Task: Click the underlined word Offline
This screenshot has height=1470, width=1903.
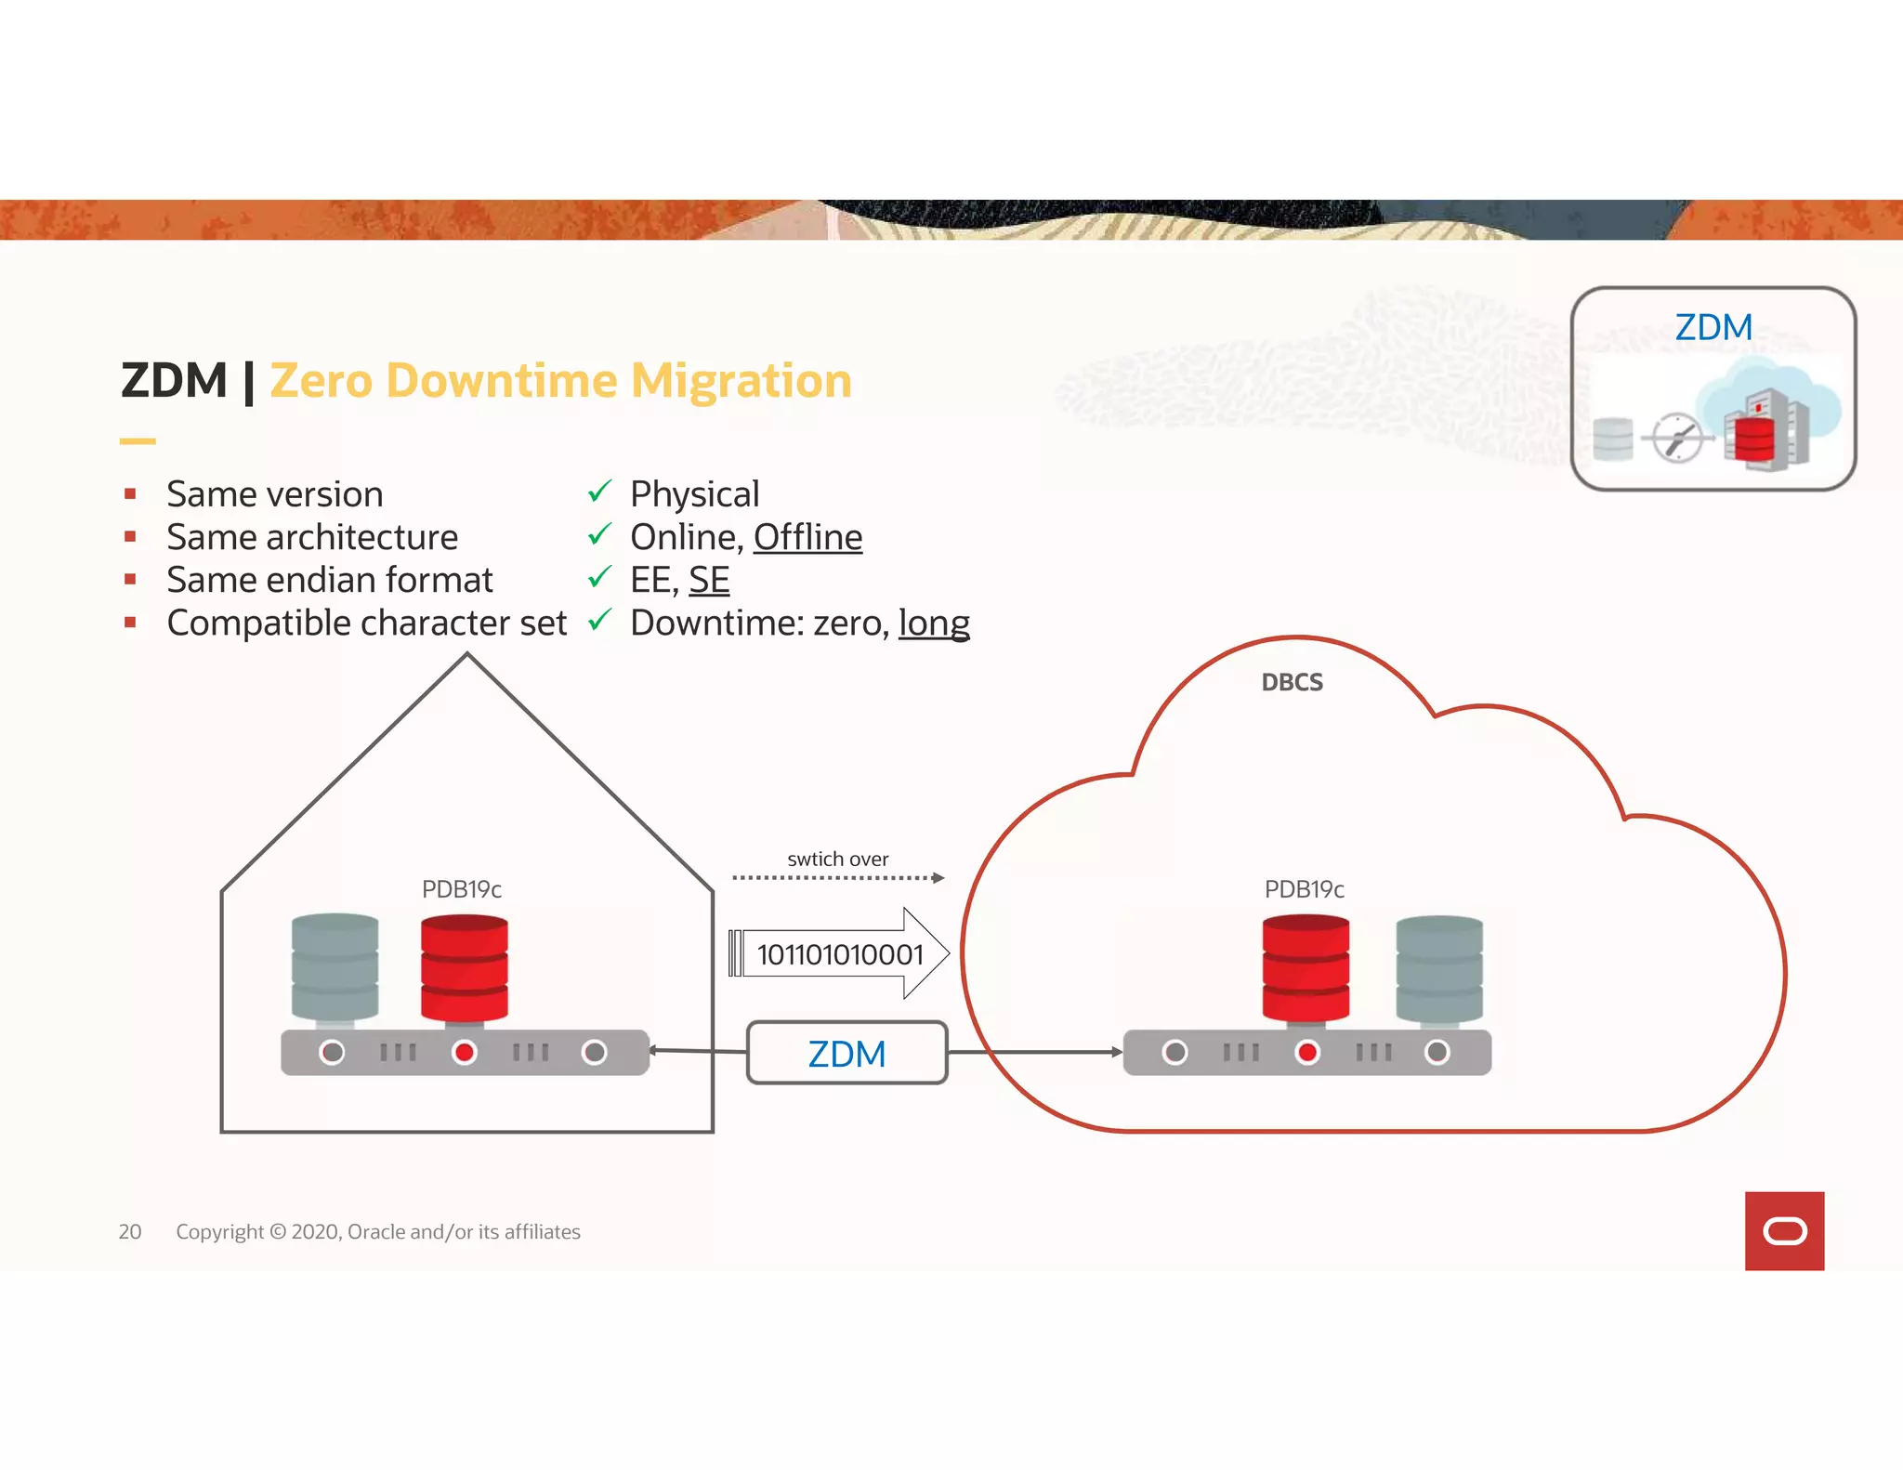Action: (x=807, y=537)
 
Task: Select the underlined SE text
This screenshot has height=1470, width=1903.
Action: (x=709, y=580)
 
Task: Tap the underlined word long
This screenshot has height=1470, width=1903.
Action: (x=934, y=623)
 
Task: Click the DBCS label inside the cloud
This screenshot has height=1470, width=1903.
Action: (x=1292, y=682)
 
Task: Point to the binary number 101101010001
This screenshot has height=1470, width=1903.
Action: (x=840, y=954)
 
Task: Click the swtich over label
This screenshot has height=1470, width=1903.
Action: (x=837, y=859)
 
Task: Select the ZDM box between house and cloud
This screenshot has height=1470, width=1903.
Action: (x=847, y=1053)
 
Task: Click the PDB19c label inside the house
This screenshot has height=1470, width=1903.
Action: (x=462, y=889)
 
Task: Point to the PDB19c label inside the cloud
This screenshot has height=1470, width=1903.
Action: (x=1304, y=889)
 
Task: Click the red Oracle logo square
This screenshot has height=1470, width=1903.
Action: (x=1784, y=1230)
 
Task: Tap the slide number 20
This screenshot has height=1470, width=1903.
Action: (x=130, y=1231)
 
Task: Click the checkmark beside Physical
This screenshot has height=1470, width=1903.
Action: (x=599, y=491)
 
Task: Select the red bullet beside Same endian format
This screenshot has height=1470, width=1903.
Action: (x=130, y=580)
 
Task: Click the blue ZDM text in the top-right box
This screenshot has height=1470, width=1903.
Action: (x=1713, y=327)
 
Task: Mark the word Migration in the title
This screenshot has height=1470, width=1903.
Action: (x=741, y=381)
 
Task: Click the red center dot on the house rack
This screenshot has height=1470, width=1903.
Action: (x=464, y=1052)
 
